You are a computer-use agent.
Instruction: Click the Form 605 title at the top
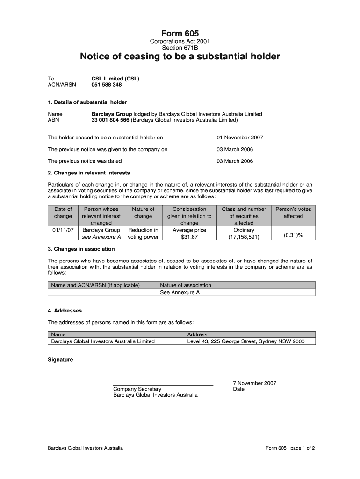click(180, 33)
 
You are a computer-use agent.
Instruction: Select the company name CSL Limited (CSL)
click(115, 79)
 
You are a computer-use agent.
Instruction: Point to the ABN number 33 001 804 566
click(110, 120)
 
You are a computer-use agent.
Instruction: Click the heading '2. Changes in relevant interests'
click(89, 173)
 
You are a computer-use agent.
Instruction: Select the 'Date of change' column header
click(63, 213)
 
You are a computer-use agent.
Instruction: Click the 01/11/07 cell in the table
click(63, 230)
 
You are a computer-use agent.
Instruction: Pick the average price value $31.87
click(189, 237)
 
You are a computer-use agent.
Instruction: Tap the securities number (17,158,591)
click(244, 237)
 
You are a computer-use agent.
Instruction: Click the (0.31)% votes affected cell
click(293, 235)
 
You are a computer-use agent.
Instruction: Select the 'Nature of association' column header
click(186, 285)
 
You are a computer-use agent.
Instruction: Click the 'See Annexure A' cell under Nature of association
click(180, 293)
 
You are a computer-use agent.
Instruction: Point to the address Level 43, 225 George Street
click(245, 341)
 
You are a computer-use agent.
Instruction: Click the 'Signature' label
click(61, 360)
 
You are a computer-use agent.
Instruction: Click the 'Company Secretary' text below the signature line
click(137, 389)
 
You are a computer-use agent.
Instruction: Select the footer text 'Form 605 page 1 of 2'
click(290, 448)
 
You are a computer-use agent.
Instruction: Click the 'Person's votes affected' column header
click(293, 213)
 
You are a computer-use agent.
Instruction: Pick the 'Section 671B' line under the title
click(180, 48)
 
